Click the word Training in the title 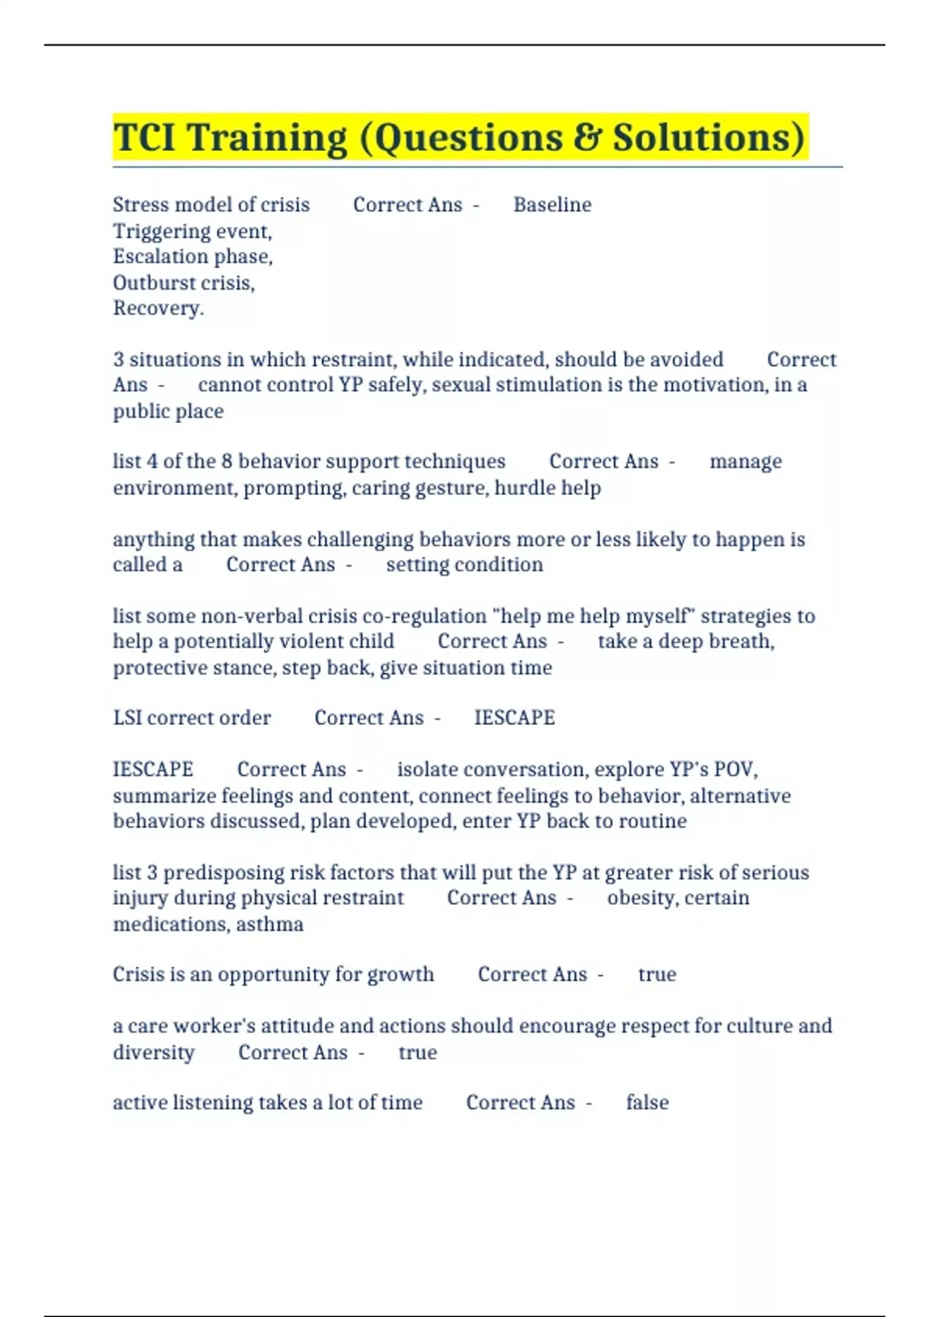tap(267, 138)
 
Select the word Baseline tap(552, 205)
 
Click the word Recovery tap(157, 308)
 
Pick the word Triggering tap(161, 232)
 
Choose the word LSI tap(127, 718)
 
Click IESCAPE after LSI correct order tap(514, 718)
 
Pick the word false tap(647, 1102)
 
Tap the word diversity tap(153, 1053)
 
